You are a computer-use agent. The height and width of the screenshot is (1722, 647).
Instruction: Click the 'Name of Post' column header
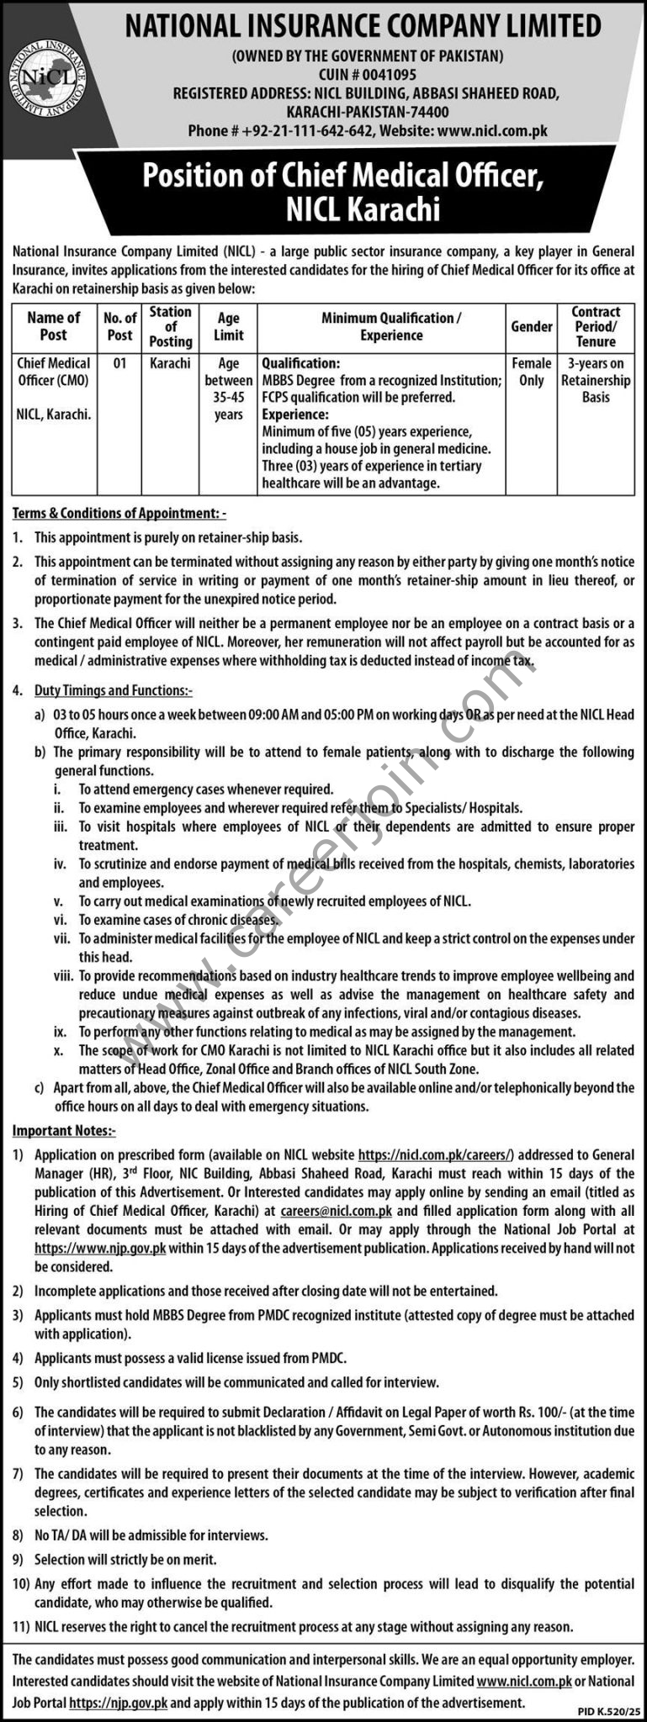[x=54, y=326]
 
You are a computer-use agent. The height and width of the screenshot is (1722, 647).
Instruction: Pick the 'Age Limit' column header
[x=228, y=326]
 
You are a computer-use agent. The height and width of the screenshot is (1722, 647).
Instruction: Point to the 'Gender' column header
[x=532, y=326]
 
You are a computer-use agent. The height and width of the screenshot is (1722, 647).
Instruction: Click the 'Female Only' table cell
[x=532, y=372]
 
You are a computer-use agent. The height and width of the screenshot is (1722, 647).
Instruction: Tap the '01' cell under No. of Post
[x=119, y=364]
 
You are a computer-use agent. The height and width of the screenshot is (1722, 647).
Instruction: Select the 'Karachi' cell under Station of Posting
[x=170, y=364]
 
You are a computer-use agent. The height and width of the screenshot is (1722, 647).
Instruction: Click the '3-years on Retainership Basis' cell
[x=596, y=380]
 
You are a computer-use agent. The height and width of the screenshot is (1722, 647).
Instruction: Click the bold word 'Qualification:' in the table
[x=301, y=364]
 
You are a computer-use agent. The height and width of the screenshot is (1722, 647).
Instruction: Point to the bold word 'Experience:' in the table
[x=295, y=415]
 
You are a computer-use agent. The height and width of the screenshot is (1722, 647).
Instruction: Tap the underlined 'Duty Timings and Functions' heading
[x=113, y=690]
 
